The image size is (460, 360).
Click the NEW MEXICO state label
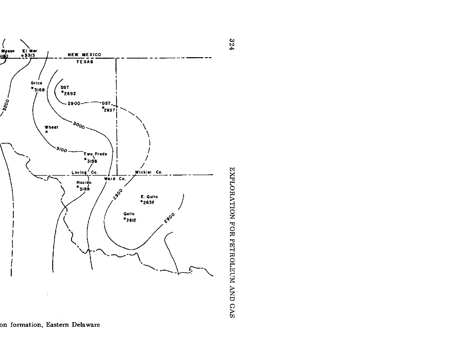84,55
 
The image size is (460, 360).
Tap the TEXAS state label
85,62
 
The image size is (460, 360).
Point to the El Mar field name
29,51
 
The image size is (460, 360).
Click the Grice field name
36,83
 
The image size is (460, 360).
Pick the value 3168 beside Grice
39,90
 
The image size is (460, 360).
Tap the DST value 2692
70,93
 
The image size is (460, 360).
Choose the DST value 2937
110,110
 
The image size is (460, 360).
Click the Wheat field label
52,127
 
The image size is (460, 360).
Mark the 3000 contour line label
79,125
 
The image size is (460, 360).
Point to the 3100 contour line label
62,149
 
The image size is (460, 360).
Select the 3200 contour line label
6,105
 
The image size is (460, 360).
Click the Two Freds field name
95,154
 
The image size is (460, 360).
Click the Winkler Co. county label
148,172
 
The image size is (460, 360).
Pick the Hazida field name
84,182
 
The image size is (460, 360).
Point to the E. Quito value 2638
149,202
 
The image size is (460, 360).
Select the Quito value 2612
131,220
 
